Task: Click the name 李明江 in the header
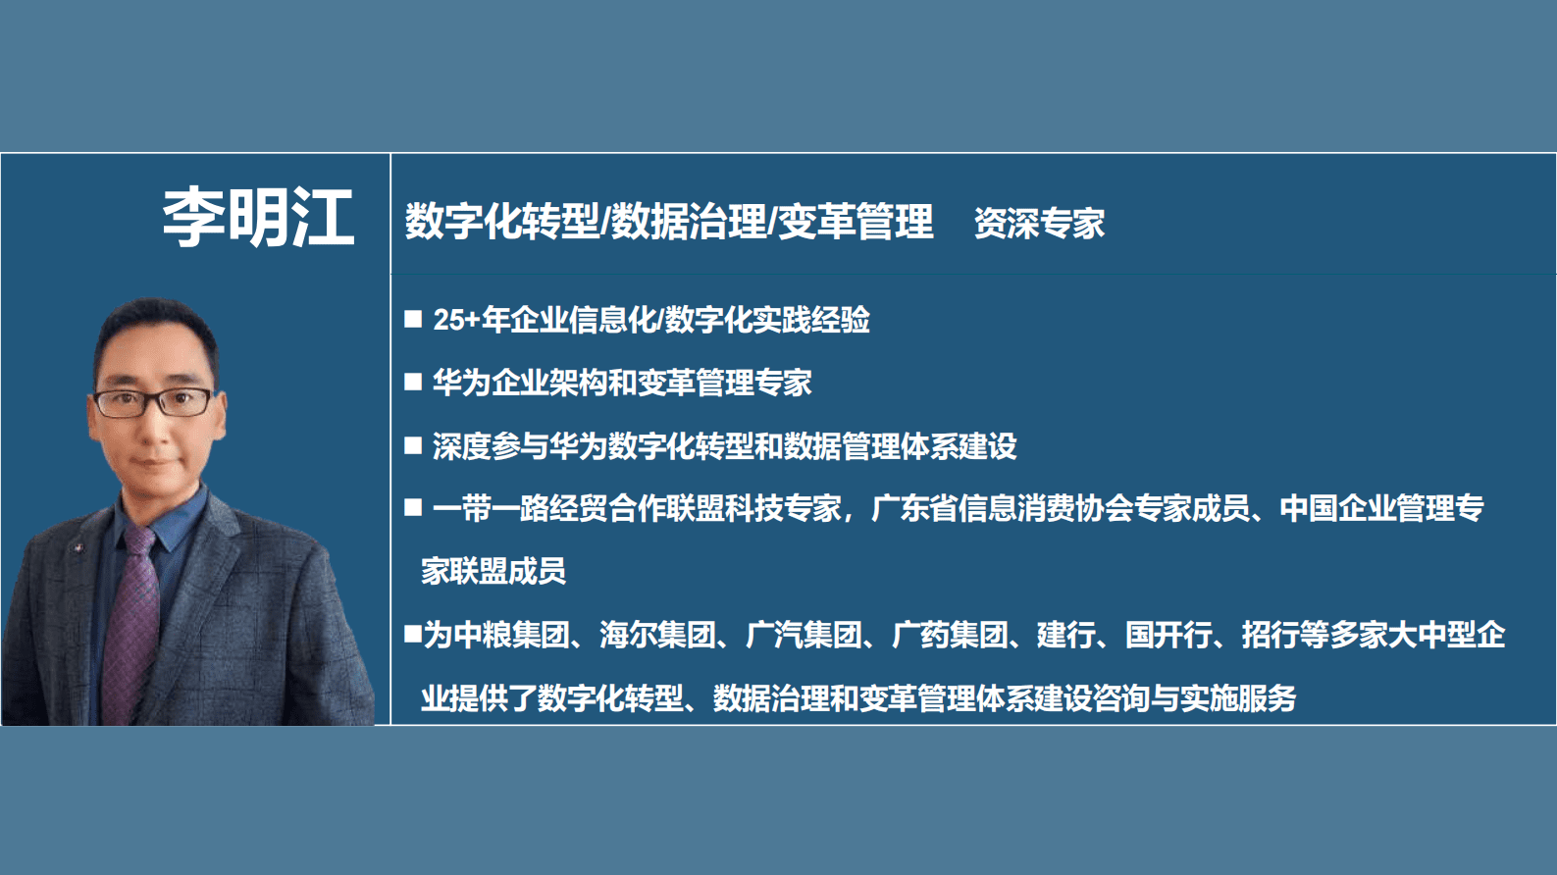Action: point(257,218)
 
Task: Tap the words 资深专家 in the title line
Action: point(1039,224)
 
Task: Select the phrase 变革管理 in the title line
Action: point(856,222)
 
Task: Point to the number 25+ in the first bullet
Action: point(456,320)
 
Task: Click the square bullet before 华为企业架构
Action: point(413,382)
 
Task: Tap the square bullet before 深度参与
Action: point(413,445)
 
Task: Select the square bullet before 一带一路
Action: point(413,507)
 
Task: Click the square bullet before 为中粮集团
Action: point(413,634)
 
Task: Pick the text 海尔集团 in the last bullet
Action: point(657,635)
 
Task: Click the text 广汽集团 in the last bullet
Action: point(804,635)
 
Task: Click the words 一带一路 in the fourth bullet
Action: point(491,508)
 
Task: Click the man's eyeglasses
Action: point(153,401)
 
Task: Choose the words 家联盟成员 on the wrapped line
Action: point(493,571)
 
